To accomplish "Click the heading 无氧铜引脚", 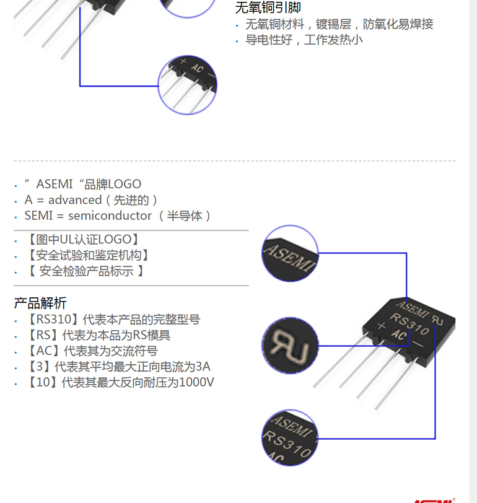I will pyautogui.click(x=268, y=7).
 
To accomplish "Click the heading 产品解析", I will pyautogui.click(x=40, y=303).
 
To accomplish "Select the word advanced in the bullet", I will pyautogui.click(x=75, y=200).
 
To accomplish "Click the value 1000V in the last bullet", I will pyautogui.click(x=196, y=382).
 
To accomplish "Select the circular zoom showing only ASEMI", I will pyautogui.click(x=290, y=253).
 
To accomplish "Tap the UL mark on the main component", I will pyautogui.click(x=439, y=320).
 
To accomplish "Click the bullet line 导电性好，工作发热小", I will pyautogui.click(x=304, y=40).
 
